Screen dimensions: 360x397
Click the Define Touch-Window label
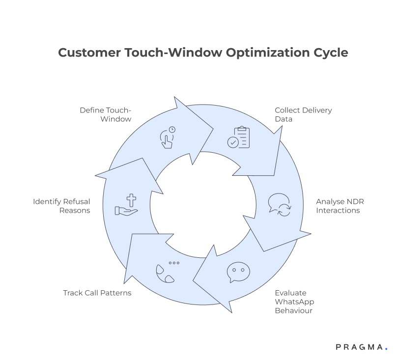click(x=106, y=114)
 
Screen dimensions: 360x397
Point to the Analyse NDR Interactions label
click(x=340, y=206)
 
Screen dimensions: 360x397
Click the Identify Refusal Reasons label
click(x=61, y=206)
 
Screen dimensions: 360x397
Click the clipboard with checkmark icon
click(x=239, y=138)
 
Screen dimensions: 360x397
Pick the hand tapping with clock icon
click(x=167, y=138)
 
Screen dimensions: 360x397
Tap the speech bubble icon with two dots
click(x=238, y=273)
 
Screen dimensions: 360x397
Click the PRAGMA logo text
click(x=359, y=347)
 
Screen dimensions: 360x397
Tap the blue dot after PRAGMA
click(x=386, y=349)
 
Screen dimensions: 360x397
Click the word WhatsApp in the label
click(x=295, y=302)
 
